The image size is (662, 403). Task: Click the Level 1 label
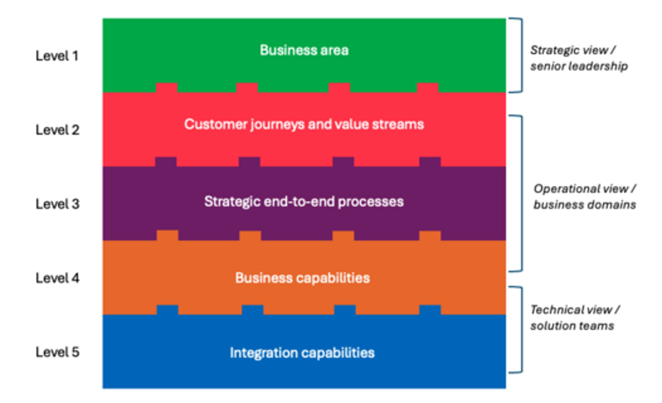(57, 55)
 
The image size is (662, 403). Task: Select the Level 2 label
(57, 130)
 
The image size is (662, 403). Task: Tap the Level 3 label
(57, 204)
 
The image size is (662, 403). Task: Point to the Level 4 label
(57, 278)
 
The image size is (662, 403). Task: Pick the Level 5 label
(57, 352)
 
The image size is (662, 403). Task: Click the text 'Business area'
(304, 50)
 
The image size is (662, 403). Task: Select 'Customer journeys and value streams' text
(304, 125)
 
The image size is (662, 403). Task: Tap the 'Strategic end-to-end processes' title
(304, 202)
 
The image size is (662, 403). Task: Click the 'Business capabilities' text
(303, 278)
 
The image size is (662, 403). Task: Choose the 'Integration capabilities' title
(303, 353)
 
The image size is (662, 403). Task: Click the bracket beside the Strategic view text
(519, 55)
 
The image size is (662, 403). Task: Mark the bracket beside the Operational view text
(519, 193)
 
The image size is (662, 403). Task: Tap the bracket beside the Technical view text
(519, 329)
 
